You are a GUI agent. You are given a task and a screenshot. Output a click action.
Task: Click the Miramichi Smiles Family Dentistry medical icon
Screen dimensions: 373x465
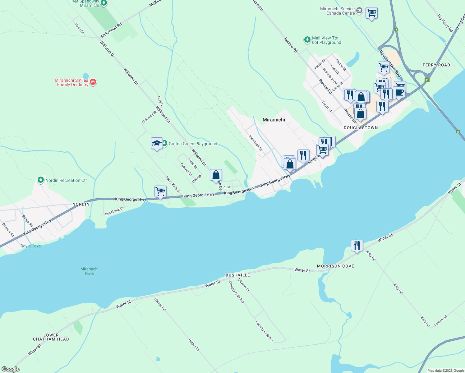pos(93,82)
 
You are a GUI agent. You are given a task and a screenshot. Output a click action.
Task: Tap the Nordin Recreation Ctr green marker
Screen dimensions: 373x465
pos(40,180)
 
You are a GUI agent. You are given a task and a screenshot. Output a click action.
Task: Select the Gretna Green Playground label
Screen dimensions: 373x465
pos(193,144)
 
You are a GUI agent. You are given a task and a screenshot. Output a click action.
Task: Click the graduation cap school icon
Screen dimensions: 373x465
pos(157,143)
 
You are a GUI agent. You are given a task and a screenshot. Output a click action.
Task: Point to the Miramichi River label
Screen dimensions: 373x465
pos(90,271)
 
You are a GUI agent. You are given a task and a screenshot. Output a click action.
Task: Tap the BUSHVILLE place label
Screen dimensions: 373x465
pos(238,275)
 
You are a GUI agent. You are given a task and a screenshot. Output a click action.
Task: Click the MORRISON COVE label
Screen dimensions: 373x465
pos(335,266)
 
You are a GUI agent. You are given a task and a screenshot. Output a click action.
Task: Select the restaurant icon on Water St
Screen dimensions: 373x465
pos(357,246)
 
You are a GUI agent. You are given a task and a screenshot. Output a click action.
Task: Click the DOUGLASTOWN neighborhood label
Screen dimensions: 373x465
pos(361,128)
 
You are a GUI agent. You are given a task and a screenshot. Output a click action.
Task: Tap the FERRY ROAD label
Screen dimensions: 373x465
pos(436,65)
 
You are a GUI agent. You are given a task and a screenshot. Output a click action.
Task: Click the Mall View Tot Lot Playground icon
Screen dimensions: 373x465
pos(307,39)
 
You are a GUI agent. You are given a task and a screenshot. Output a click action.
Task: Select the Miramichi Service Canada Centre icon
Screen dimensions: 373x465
pos(359,11)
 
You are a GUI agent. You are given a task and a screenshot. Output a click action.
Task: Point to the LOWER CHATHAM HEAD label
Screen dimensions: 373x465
pos(51,337)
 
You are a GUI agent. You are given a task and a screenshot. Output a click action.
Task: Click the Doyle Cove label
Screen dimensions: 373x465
pos(30,246)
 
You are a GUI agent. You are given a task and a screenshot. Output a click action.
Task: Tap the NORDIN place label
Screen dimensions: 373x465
pos(81,204)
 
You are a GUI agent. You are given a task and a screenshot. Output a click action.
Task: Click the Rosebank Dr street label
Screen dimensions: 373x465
pos(114,211)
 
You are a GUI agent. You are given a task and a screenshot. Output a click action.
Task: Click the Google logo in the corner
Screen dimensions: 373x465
pos(10,369)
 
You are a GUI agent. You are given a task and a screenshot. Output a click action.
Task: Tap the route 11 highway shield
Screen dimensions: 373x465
pos(427,80)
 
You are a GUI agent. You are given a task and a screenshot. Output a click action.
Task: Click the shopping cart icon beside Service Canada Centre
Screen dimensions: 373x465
pos(371,13)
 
